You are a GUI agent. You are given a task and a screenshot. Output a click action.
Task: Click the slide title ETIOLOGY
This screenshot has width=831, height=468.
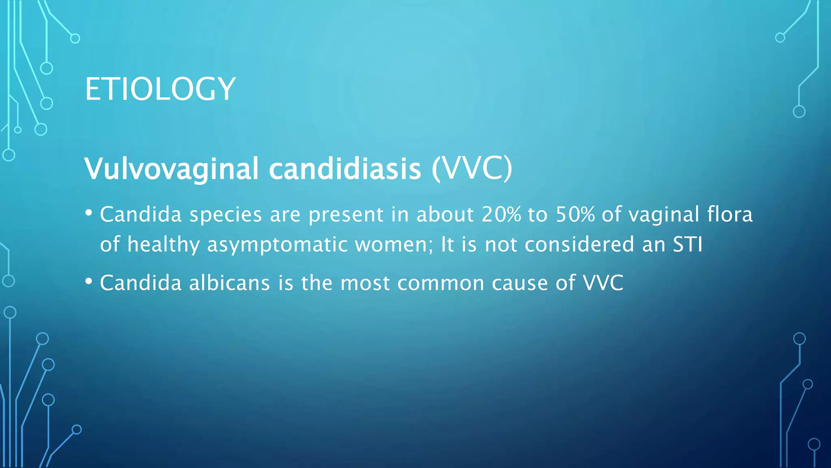tap(160, 89)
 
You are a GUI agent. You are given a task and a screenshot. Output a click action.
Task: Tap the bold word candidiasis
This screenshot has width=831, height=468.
tap(345, 169)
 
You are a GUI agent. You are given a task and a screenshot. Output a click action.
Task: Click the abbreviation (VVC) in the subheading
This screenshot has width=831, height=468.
tap(472, 169)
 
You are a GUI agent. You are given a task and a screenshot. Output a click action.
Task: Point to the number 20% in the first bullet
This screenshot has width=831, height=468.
tap(501, 214)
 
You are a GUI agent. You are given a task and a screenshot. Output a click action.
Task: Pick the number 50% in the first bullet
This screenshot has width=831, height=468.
tap(575, 214)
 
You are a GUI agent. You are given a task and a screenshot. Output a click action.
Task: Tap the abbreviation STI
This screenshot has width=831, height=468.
tap(687, 245)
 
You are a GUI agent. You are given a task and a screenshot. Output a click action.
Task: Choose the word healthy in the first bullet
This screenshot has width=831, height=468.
tap(163, 245)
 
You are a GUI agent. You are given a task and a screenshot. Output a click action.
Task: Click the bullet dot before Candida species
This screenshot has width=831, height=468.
tap(89, 212)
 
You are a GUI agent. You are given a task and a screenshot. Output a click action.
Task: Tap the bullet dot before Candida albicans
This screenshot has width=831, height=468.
tap(89, 281)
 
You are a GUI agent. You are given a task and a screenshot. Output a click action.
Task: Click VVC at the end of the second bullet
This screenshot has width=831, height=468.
tap(603, 283)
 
